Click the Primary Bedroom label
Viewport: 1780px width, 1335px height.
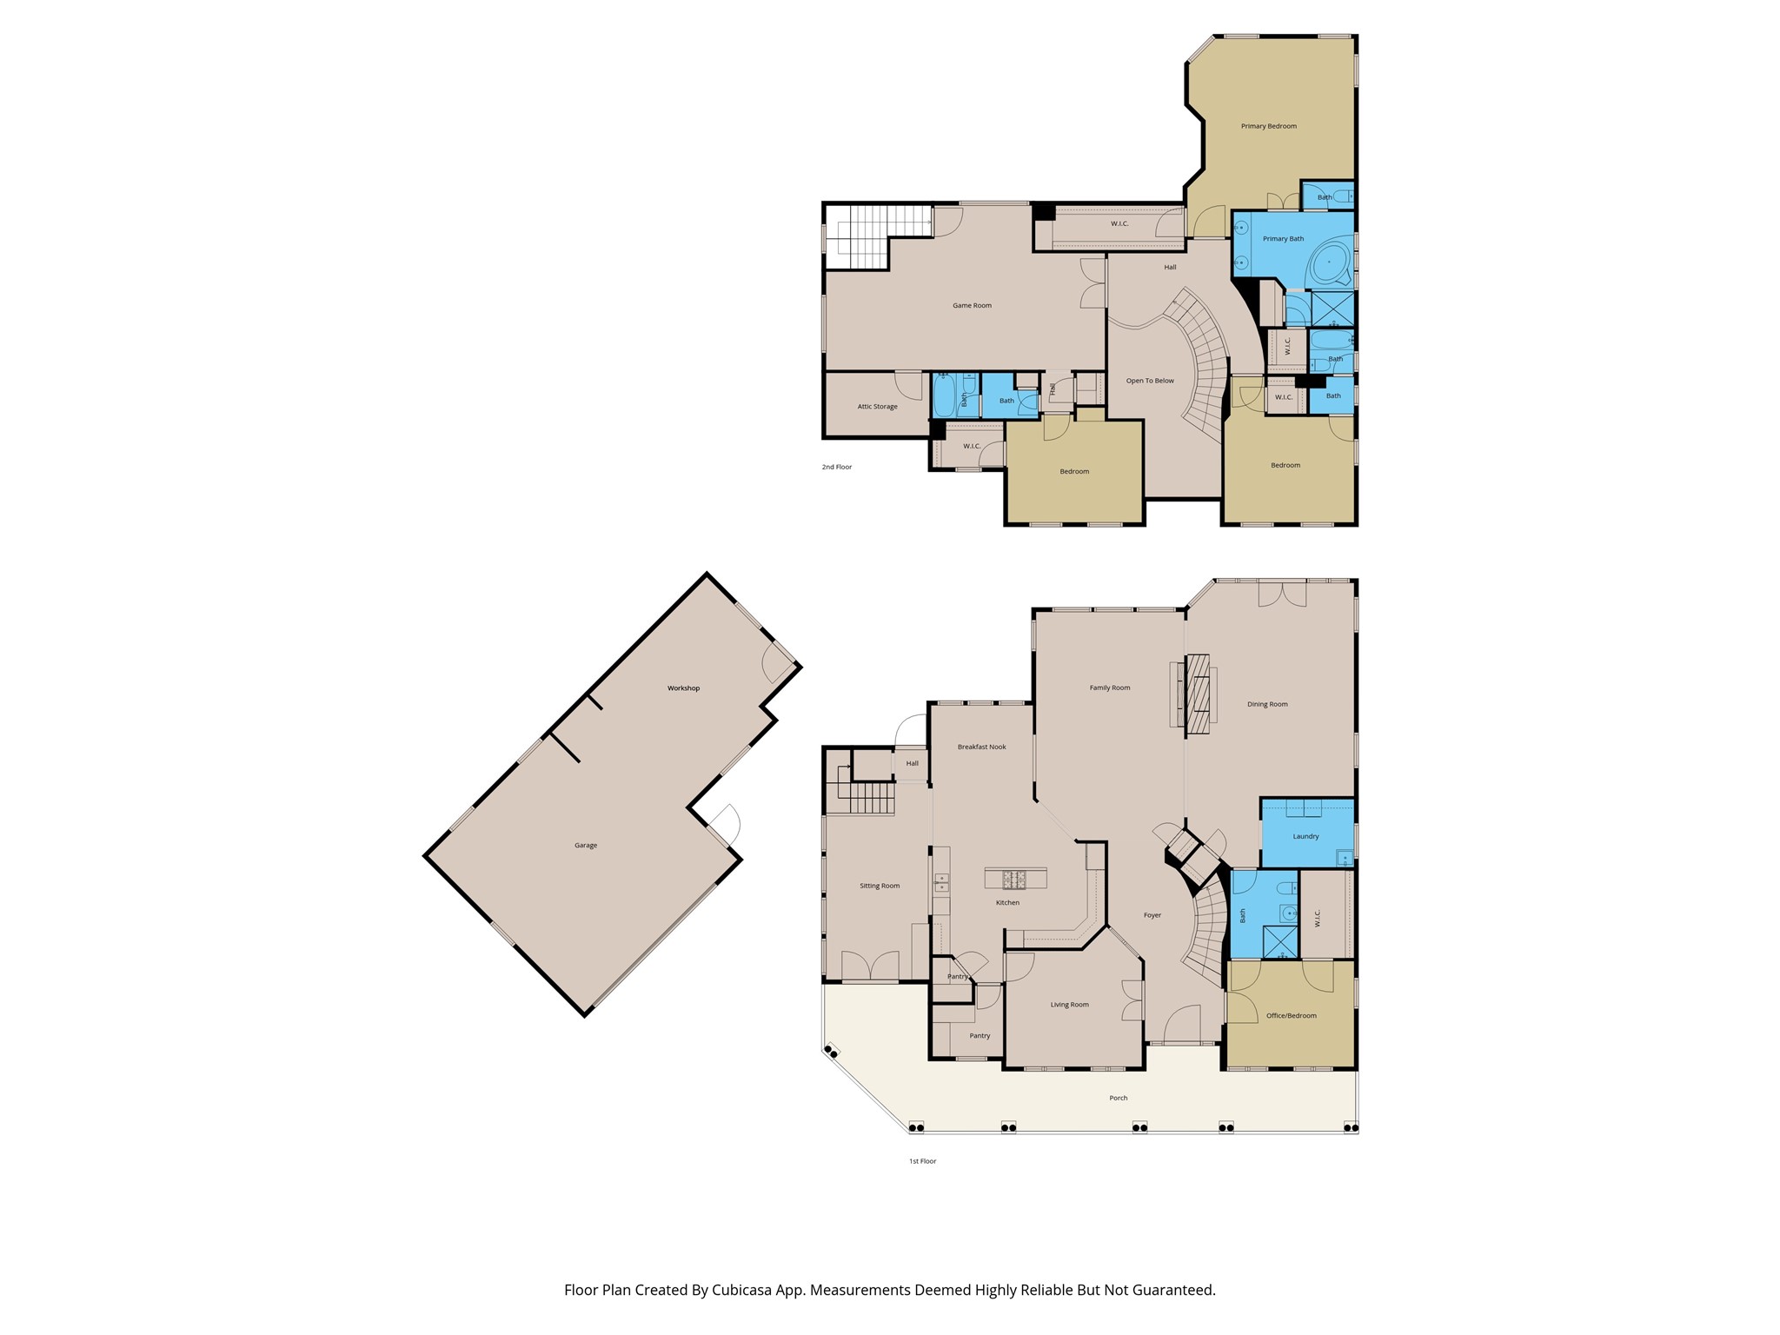[x=1268, y=126]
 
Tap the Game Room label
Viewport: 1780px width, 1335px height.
[x=972, y=305]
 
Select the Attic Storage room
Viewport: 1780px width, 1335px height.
[x=877, y=406]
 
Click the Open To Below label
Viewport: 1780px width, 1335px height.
[x=1149, y=381]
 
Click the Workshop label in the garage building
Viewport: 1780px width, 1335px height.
[x=683, y=688]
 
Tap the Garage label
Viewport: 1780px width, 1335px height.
[x=585, y=845]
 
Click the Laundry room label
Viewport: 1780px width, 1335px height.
[x=1305, y=836]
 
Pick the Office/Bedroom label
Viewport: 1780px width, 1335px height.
[x=1291, y=1015]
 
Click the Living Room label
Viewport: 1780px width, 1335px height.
[x=1069, y=1005]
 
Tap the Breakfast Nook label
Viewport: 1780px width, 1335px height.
[x=981, y=747]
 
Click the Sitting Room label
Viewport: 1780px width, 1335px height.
[x=880, y=886]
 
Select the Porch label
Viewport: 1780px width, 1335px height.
[x=1118, y=1098]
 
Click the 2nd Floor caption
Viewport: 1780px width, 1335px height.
[x=837, y=467]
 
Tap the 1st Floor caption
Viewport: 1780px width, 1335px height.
[x=922, y=1161]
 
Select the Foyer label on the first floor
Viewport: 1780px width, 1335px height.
[x=1152, y=915]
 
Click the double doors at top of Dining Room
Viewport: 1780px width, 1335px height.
[x=1283, y=594]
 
